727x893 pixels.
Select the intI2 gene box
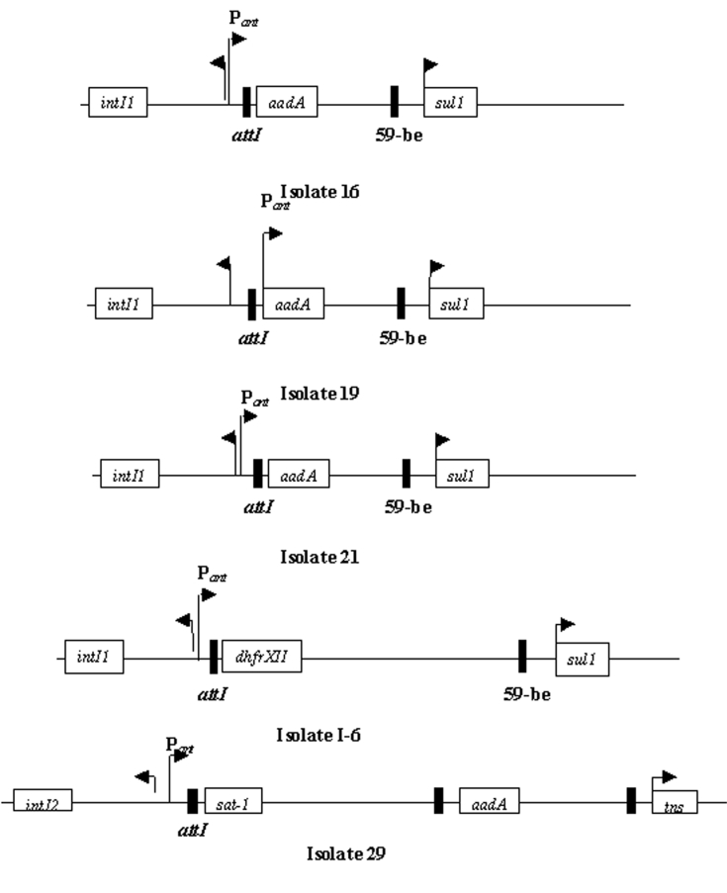[x=44, y=802]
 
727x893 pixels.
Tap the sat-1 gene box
[x=233, y=802]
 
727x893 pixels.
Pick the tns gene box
[x=676, y=802]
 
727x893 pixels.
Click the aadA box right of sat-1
[x=489, y=802]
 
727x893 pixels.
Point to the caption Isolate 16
[x=318, y=191]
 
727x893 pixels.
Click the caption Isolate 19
[x=318, y=394]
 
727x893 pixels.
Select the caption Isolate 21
[x=318, y=557]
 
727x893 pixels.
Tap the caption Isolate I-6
[x=318, y=736]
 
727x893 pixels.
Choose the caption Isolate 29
[x=345, y=852]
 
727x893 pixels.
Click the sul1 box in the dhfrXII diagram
[x=582, y=658]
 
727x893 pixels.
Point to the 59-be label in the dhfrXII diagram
[x=525, y=693]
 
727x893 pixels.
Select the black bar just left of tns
[x=631, y=801]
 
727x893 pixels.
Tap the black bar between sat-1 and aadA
[x=438, y=801]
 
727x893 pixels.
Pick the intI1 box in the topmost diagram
[x=118, y=103]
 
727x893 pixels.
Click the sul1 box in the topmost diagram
[x=451, y=103]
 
